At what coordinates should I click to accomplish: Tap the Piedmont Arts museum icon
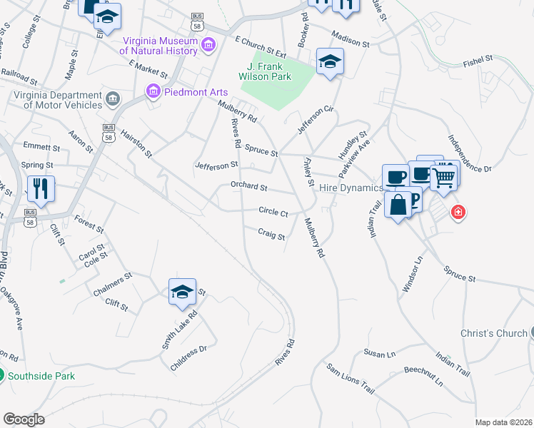pyautogui.click(x=152, y=91)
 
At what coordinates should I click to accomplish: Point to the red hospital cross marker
pyautogui.click(x=458, y=212)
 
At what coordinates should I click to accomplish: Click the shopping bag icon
pyautogui.click(x=398, y=205)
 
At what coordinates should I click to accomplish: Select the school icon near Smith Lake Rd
pyautogui.click(x=182, y=291)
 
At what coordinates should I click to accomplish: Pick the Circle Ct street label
pyautogui.click(x=273, y=213)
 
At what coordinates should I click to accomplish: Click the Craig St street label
pyautogui.click(x=271, y=233)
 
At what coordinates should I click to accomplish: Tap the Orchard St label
pyautogui.click(x=248, y=188)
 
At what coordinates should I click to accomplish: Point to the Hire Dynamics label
pyautogui.click(x=351, y=188)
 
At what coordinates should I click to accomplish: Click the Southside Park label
pyautogui.click(x=41, y=376)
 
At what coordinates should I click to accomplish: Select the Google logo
pyautogui.click(x=24, y=419)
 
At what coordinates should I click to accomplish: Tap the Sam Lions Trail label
pyautogui.click(x=351, y=379)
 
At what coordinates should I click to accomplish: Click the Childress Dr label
pyautogui.click(x=188, y=358)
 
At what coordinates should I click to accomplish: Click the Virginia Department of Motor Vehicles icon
pyautogui.click(x=112, y=98)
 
